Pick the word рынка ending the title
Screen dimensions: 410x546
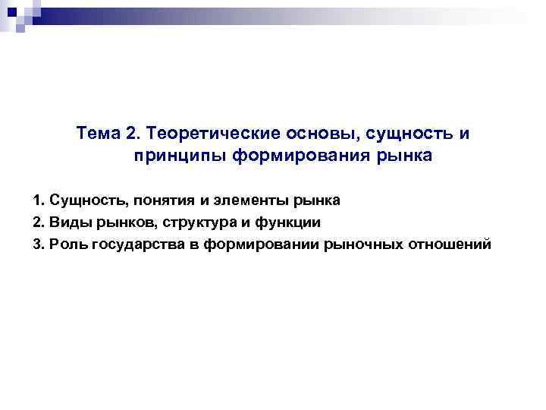(410, 156)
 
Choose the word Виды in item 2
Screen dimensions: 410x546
(64, 222)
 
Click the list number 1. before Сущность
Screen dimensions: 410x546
(39, 201)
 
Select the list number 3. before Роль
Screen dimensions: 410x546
(39, 244)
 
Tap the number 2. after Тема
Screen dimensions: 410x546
(133, 134)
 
